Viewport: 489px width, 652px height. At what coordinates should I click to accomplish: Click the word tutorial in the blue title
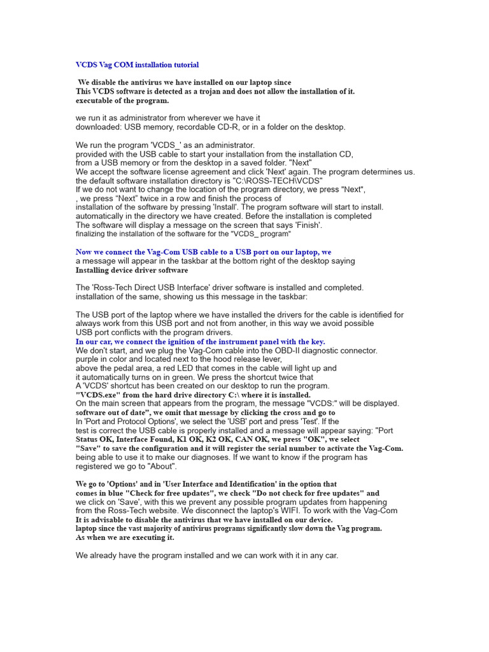(184, 64)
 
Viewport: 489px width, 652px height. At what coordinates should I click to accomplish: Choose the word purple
(88, 359)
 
